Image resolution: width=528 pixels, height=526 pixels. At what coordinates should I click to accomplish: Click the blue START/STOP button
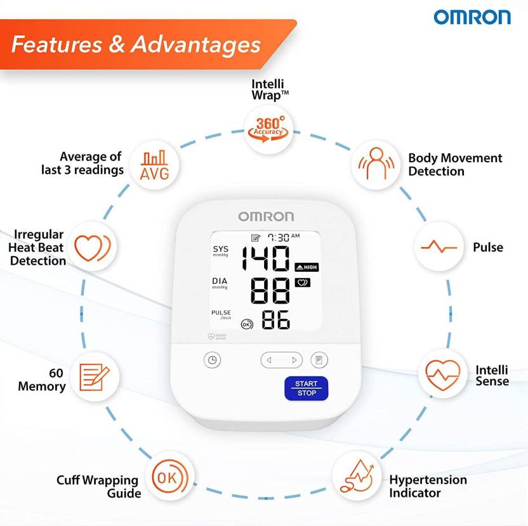(306, 388)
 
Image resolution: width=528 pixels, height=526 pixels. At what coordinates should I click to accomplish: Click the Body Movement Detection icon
(374, 164)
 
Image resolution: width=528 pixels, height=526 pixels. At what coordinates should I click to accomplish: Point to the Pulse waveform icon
(439, 247)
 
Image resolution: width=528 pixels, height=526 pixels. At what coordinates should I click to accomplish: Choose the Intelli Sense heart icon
(442, 375)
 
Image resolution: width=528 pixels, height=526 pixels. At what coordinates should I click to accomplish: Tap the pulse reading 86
(276, 321)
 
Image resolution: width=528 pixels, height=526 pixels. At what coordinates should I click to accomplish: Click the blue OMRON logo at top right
(472, 17)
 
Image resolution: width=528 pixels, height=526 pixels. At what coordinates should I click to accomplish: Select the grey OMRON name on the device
(266, 217)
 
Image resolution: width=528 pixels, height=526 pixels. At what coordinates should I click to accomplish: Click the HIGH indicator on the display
(306, 267)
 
